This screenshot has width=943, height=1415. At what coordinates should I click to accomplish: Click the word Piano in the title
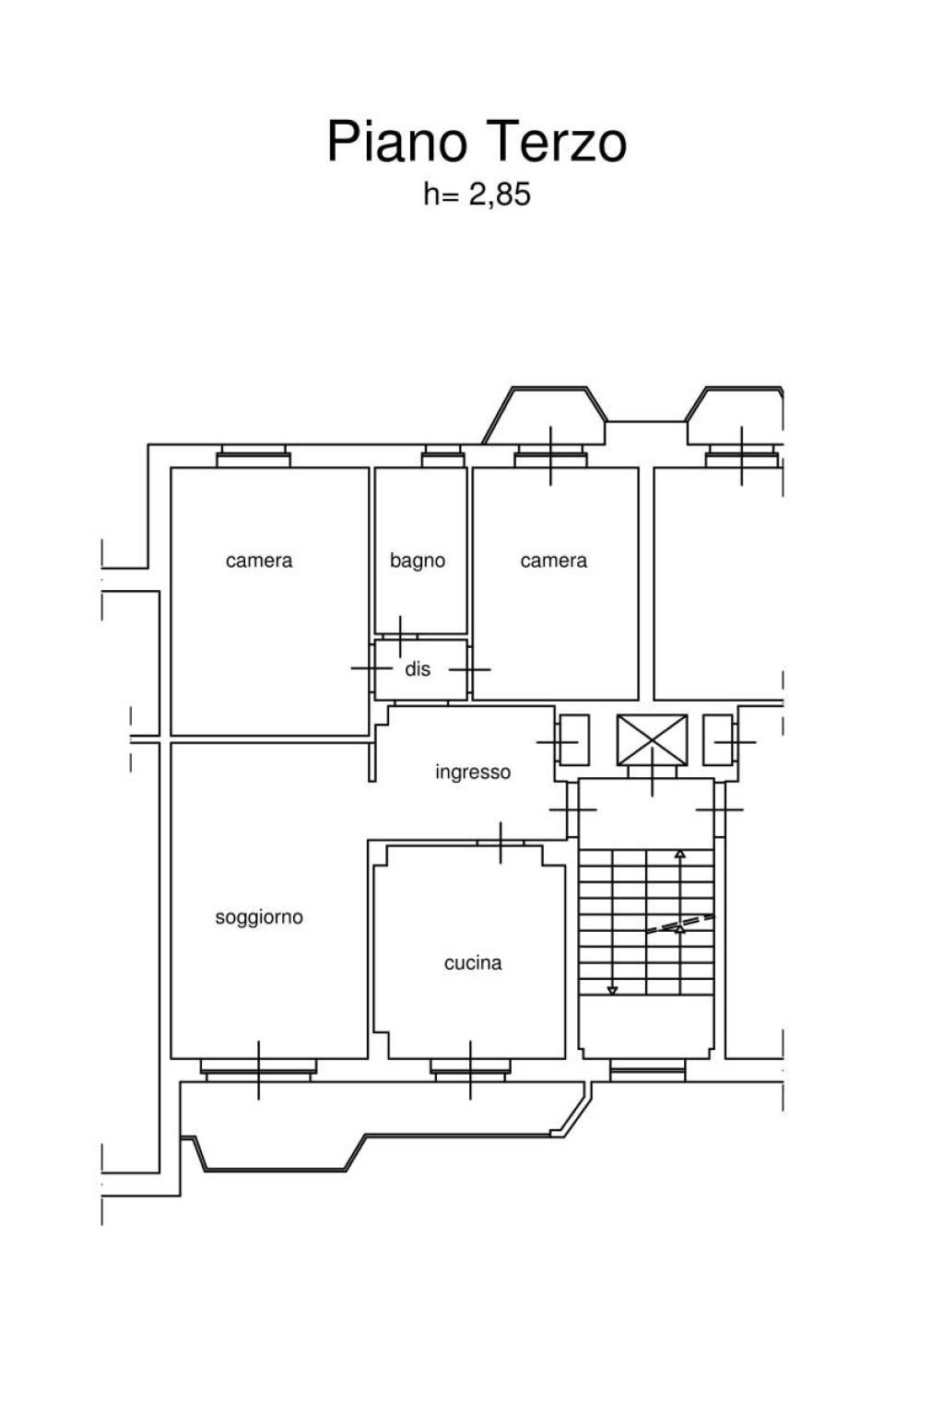click(396, 142)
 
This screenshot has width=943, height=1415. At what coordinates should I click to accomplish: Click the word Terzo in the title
click(557, 142)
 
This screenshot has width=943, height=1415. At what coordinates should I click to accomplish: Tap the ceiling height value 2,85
click(499, 195)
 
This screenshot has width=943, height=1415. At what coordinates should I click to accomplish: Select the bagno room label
click(418, 561)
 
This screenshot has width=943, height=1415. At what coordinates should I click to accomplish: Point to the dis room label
click(418, 668)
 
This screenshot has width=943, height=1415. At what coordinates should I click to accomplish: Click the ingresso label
click(473, 772)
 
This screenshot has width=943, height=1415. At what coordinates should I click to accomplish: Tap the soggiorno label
click(259, 916)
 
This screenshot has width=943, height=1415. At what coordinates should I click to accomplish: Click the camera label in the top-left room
click(259, 561)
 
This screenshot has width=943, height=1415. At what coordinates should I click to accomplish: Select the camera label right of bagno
click(553, 561)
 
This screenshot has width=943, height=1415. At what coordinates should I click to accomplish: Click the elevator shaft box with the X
click(652, 739)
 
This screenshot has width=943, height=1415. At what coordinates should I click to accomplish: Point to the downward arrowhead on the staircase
click(612, 990)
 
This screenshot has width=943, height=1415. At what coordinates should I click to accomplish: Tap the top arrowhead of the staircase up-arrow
click(679, 854)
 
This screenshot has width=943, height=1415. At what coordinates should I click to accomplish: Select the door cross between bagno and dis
click(400, 637)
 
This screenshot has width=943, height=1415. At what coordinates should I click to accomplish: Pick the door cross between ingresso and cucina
click(501, 843)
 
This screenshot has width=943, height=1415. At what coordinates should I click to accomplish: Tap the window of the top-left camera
click(253, 455)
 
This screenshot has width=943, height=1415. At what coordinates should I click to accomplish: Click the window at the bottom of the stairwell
click(647, 1071)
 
